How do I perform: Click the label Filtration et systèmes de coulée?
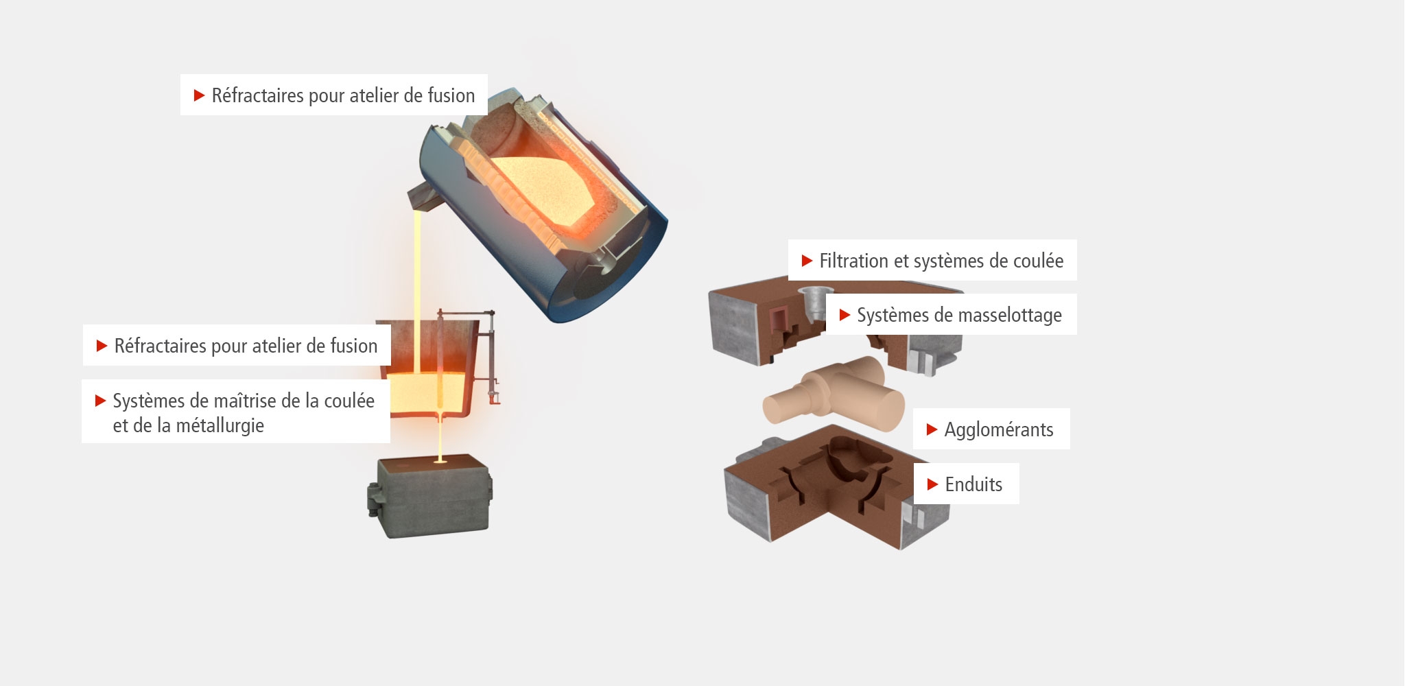point(932,260)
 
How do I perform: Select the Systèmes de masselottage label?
point(951,315)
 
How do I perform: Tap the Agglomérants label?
point(991,429)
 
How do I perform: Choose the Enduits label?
point(966,484)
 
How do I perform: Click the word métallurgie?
point(220,426)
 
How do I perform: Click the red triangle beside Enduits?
point(932,484)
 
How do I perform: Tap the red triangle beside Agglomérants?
point(932,429)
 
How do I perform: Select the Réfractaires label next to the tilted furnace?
point(334,95)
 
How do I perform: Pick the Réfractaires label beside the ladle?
point(237,345)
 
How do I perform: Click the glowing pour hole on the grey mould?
point(440,462)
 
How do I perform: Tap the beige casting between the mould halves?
point(834,394)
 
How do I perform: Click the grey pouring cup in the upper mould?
point(813,303)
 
